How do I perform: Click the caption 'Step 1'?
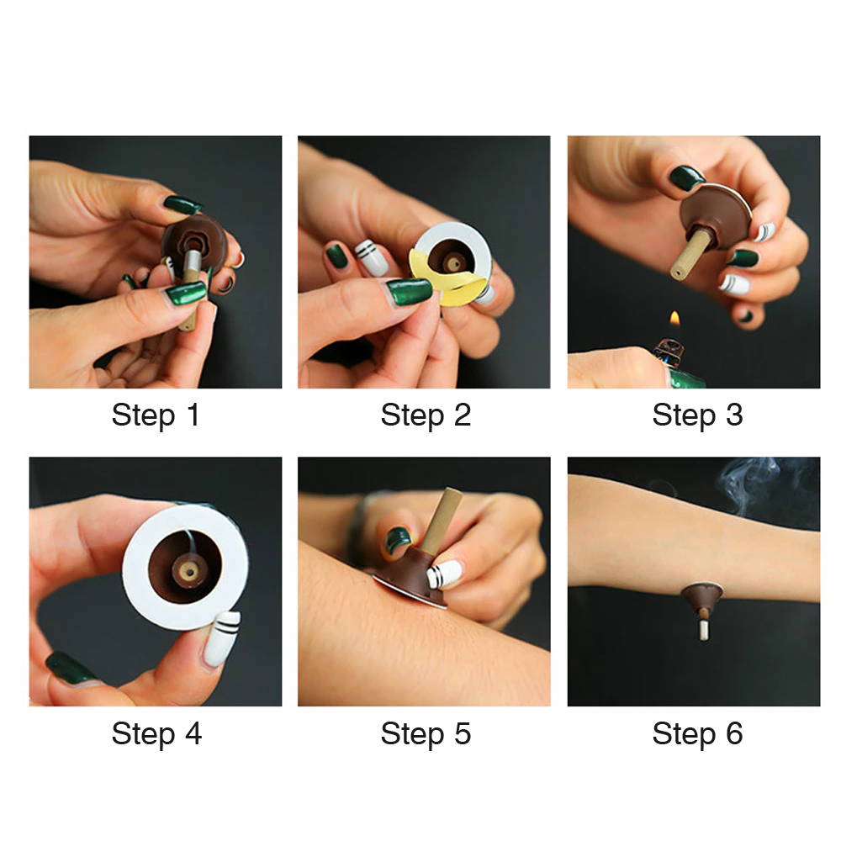(x=156, y=415)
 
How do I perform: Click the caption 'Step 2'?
(x=426, y=415)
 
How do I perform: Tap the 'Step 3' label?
(x=697, y=415)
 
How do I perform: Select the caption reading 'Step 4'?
(x=156, y=733)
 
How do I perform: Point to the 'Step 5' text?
(x=426, y=733)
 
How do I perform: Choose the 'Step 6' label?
(x=697, y=733)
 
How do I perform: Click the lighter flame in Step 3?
(x=674, y=320)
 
